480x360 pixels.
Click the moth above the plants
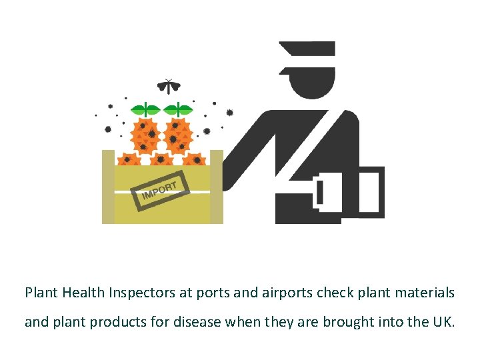click(x=169, y=86)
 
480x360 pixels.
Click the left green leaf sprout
click(x=146, y=109)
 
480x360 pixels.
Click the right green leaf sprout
click(x=178, y=109)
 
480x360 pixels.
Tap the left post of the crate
click(x=108, y=187)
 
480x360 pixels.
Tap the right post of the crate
click(x=216, y=187)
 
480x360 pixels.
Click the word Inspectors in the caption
click(x=136, y=293)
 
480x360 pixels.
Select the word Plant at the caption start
click(x=39, y=293)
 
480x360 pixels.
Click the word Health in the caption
click(x=81, y=293)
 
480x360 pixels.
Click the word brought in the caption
click(x=348, y=323)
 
